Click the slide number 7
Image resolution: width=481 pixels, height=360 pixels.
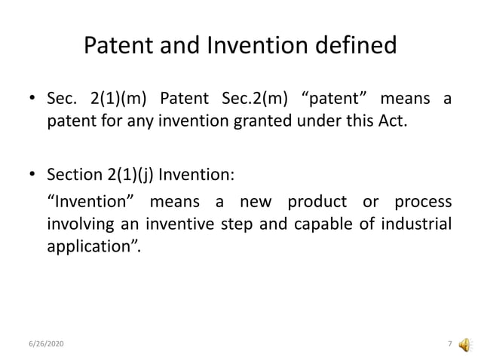[x=449, y=344]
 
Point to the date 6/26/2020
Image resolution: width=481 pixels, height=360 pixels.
[x=47, y=344]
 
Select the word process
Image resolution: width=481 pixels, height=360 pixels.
[x=421, y=203]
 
